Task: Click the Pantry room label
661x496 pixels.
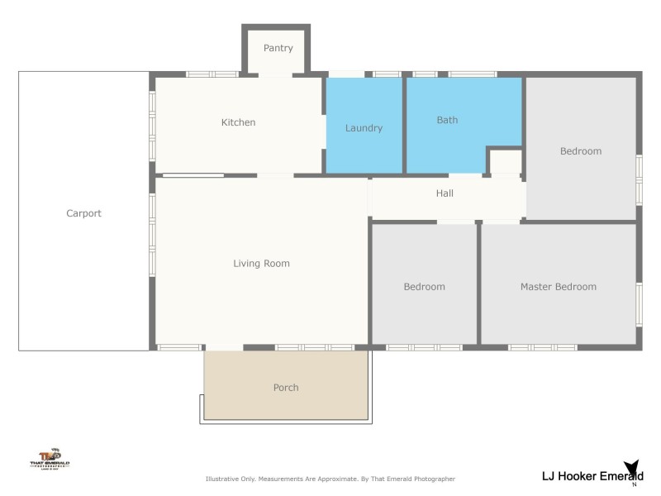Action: pyautogui.click(x=278, y=48)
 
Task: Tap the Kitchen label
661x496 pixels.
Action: pyautogui.click(x=238, y=122)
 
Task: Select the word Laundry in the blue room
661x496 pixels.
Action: pyautogui.click(x=364, y=128)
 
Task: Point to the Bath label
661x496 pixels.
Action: pyautogui.click(x=447, y=120)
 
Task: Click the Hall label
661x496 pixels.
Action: pyautogui.click(x=445, y=193)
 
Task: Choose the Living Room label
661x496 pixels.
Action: pyautogui.click(x=261, y=264)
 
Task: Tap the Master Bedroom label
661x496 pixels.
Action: pyautogui.click(x=558, y=287)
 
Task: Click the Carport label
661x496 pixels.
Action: pyautogui.click(x=83, y=213)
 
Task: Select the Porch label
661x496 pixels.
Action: pyautogui.click(x=286, y=388)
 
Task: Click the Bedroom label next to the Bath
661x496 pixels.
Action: pyautogui.click(x=580, y=151)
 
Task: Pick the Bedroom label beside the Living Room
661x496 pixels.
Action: pyautogui.click(x=424, y=287)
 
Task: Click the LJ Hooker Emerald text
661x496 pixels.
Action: pyautogui.click(x=592, y=475)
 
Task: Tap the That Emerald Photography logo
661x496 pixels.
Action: pyautogui.click(x=50, y=459)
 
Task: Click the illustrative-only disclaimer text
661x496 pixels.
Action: pyautogui.click(x=330, y=479)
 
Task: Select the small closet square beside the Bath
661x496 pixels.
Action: pyautogui.click(x=506, y=161)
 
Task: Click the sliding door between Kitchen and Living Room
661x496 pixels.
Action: pyautogui.click(x=193, y=175)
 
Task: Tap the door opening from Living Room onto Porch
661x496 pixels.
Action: pyautogui.click(x=224, y=347)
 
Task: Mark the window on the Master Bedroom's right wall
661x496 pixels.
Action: pyautogui.click(x=639, y=302)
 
